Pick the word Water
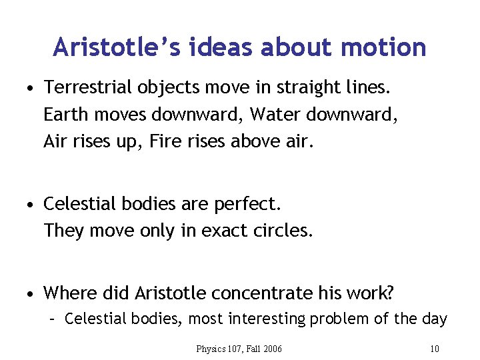pos(271,115)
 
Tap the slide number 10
pos(435,348)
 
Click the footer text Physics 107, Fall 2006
pos(239,348)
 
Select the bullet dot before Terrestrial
pos(31,89)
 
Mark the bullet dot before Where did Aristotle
pos(31,293)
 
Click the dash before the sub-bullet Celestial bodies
pos(53,319)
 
